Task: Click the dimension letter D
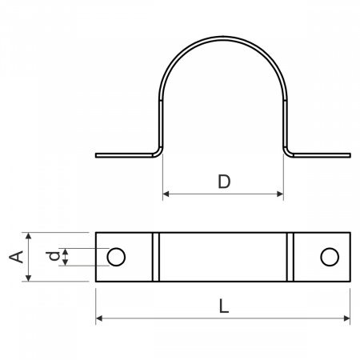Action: click(224, 182)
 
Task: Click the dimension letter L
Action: click(224, 306)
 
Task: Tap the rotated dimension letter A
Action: click(16, 257)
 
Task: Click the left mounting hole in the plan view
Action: click(116, 257)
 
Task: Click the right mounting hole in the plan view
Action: click(330, 257)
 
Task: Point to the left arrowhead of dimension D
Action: click(166, 194)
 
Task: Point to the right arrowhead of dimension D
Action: click(280, 194)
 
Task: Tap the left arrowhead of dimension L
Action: click(99, 318)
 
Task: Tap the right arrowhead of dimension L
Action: click(347, 318)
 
